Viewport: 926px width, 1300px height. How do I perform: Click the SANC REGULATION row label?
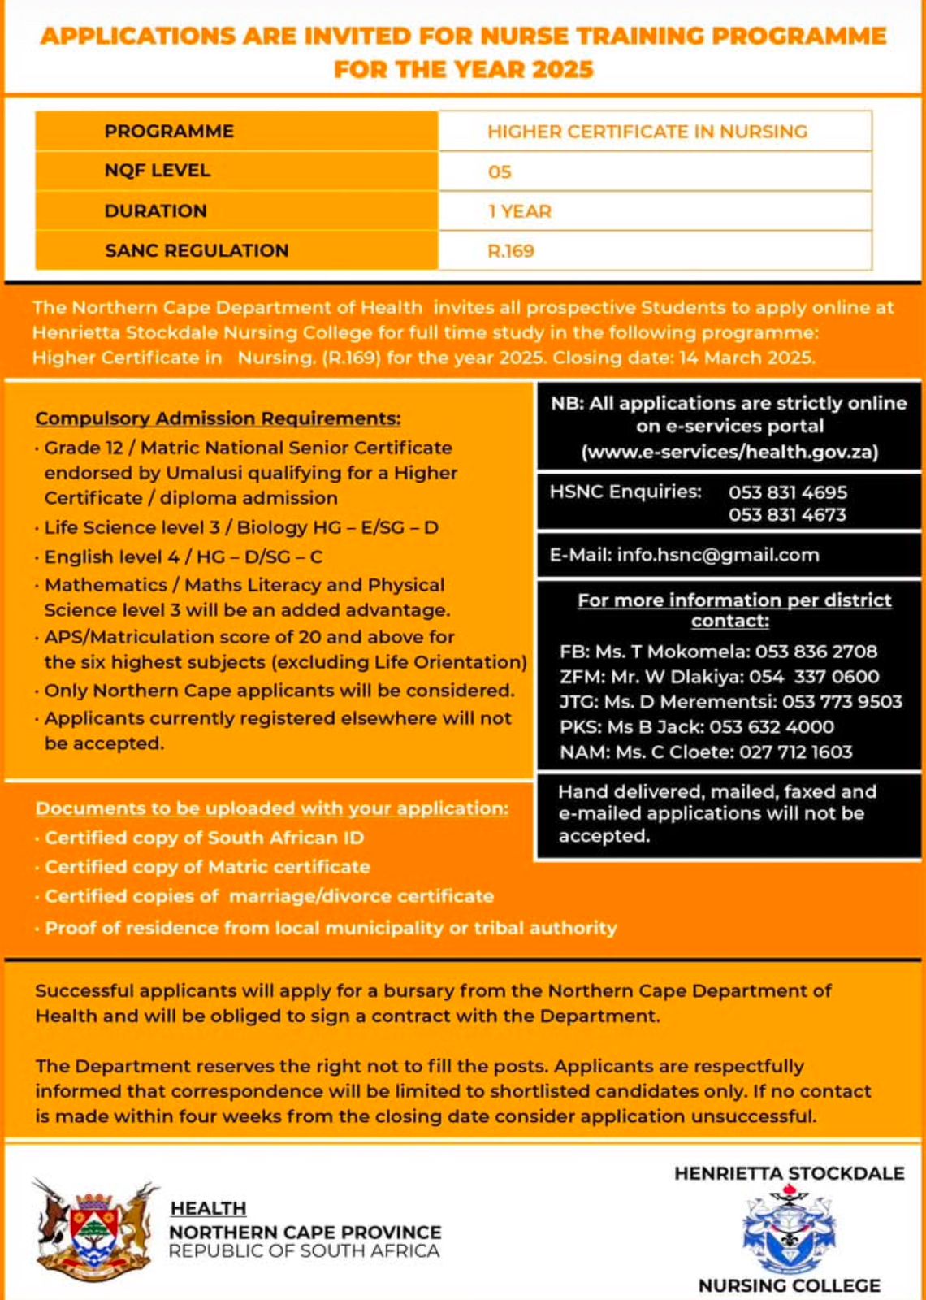pos(197,250)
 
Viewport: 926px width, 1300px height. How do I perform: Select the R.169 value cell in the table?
pos(511,251)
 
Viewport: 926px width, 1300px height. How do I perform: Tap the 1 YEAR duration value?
pos(520,211)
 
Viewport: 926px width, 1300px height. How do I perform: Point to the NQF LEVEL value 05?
pos(500,171)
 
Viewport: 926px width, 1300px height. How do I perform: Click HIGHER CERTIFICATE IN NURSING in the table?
pos(647,132)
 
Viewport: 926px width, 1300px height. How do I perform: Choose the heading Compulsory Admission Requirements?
pos(218,418)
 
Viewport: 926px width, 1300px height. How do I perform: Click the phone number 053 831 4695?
pos(787,492)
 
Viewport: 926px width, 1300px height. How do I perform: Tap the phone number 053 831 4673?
pos(787,515)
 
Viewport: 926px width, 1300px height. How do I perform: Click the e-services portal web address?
pos(729,452)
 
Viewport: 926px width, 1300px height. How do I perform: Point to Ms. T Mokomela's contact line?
pos(718,652)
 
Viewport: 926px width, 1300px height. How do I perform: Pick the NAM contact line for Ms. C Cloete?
pos(706,752)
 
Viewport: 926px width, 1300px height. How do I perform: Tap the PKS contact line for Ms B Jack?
pos(696,727)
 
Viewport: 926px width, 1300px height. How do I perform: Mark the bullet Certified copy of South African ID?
pos(204,838)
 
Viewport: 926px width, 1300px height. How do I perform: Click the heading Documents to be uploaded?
pos(272,808)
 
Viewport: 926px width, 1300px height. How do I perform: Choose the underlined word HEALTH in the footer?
pos(208,1209)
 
